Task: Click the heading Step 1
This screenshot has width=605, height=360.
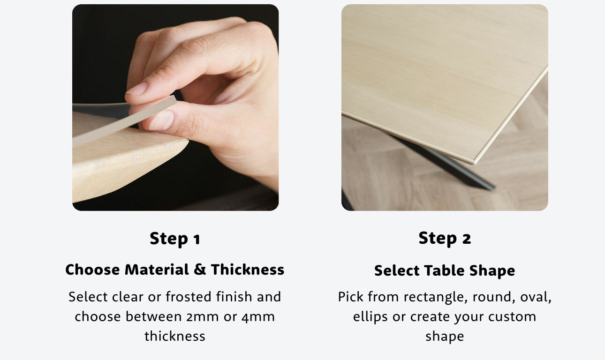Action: [175, 239]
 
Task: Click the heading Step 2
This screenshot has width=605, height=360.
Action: [445, 239]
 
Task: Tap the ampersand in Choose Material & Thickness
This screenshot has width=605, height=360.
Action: [200, 270]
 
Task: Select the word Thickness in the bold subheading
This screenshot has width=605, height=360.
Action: [248, 270]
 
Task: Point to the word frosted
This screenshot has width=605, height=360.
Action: [188, 297]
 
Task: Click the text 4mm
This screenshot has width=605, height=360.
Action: [258, 317]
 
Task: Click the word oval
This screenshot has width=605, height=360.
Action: [536, 297]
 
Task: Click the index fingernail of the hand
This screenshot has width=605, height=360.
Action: [137, 89]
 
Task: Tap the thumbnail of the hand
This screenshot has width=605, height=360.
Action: [162, 120]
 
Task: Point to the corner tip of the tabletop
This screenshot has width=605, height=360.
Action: [473, 163]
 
